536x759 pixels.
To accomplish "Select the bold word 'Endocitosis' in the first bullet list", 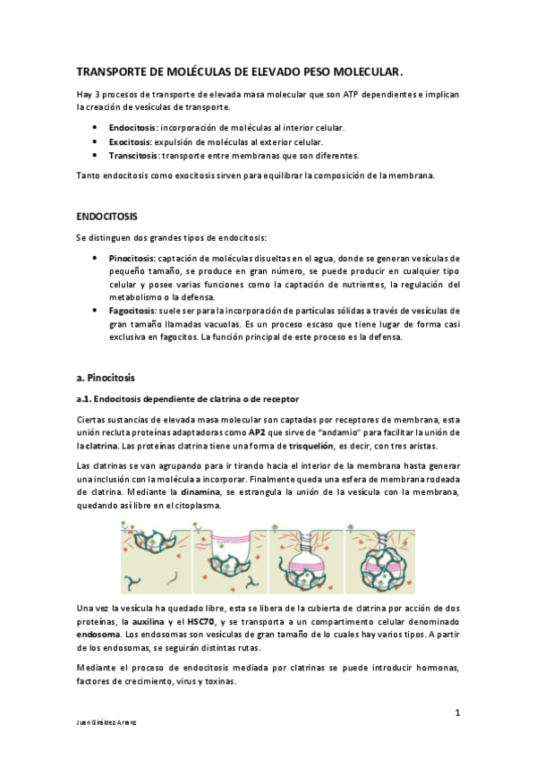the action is point(133,128).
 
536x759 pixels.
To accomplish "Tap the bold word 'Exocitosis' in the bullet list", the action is point(132,141).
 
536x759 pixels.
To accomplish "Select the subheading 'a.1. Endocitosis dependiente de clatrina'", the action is point(185,398).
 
